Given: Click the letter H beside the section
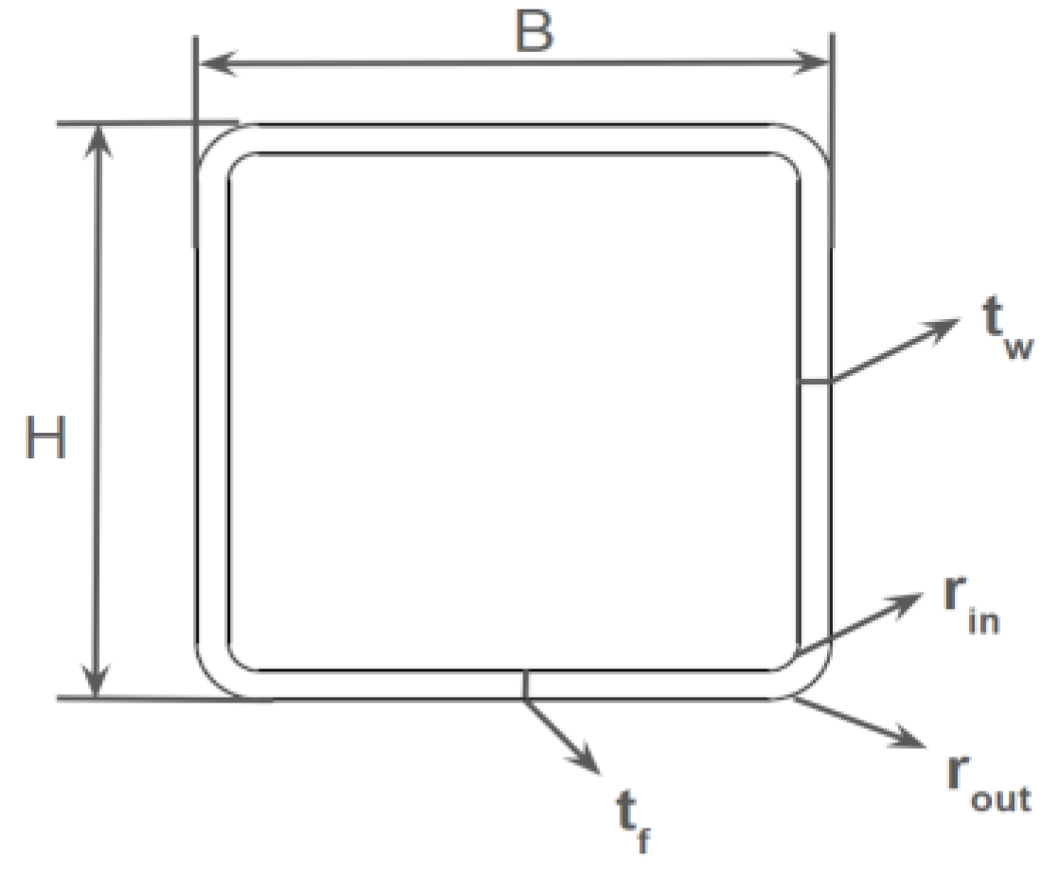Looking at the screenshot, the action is [x=46, y=440].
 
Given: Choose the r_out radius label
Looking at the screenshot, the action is [x=983, y=785].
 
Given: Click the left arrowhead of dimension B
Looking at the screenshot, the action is [x=209, y=64].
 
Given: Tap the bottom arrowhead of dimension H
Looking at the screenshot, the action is [x=97, y=684].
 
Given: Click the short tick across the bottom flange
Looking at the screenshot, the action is [x=523, y=684].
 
